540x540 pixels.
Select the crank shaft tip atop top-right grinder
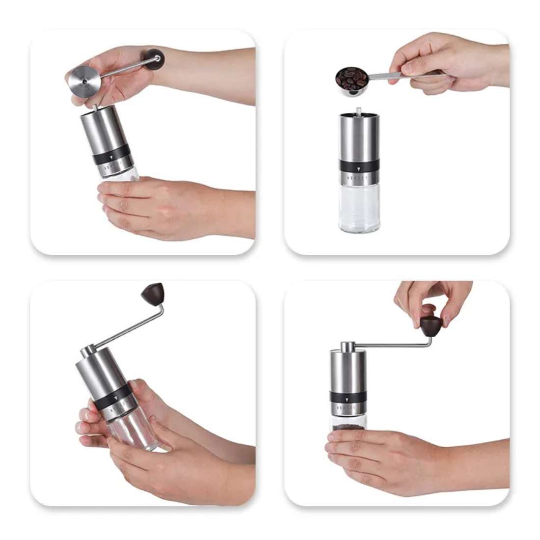359,110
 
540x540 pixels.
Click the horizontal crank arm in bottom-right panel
388,345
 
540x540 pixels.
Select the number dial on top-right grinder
359,178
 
